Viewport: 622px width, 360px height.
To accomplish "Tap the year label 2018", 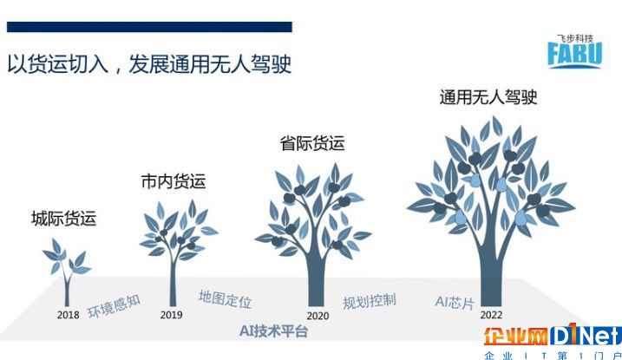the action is (68, 315).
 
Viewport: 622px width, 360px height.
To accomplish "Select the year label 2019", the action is (172, 315).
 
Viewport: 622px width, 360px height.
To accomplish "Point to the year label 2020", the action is (318, 316).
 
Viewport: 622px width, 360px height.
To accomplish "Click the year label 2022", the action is (491, 315).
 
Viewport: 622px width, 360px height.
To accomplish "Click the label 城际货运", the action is (64, 219).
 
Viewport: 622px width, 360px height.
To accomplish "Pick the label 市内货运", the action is (174, 181).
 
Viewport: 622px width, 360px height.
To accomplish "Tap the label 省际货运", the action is (312, 143).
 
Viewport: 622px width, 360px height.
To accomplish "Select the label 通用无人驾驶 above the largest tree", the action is (488, 97).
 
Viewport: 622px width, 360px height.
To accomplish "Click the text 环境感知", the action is (114, 306).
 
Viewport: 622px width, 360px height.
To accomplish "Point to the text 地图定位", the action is (225, 299).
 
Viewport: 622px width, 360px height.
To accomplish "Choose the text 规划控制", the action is (370, 302).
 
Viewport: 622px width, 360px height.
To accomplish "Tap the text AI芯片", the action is (455, 303).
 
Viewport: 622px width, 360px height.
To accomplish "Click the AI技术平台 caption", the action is (274, 331).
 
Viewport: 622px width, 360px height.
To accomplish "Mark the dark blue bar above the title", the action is (149, 27).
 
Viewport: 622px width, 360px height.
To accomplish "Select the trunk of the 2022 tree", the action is (490, 278).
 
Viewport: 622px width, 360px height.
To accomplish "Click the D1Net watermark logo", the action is (553, 336).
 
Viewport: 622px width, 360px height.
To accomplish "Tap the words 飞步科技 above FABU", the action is (575, 38).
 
